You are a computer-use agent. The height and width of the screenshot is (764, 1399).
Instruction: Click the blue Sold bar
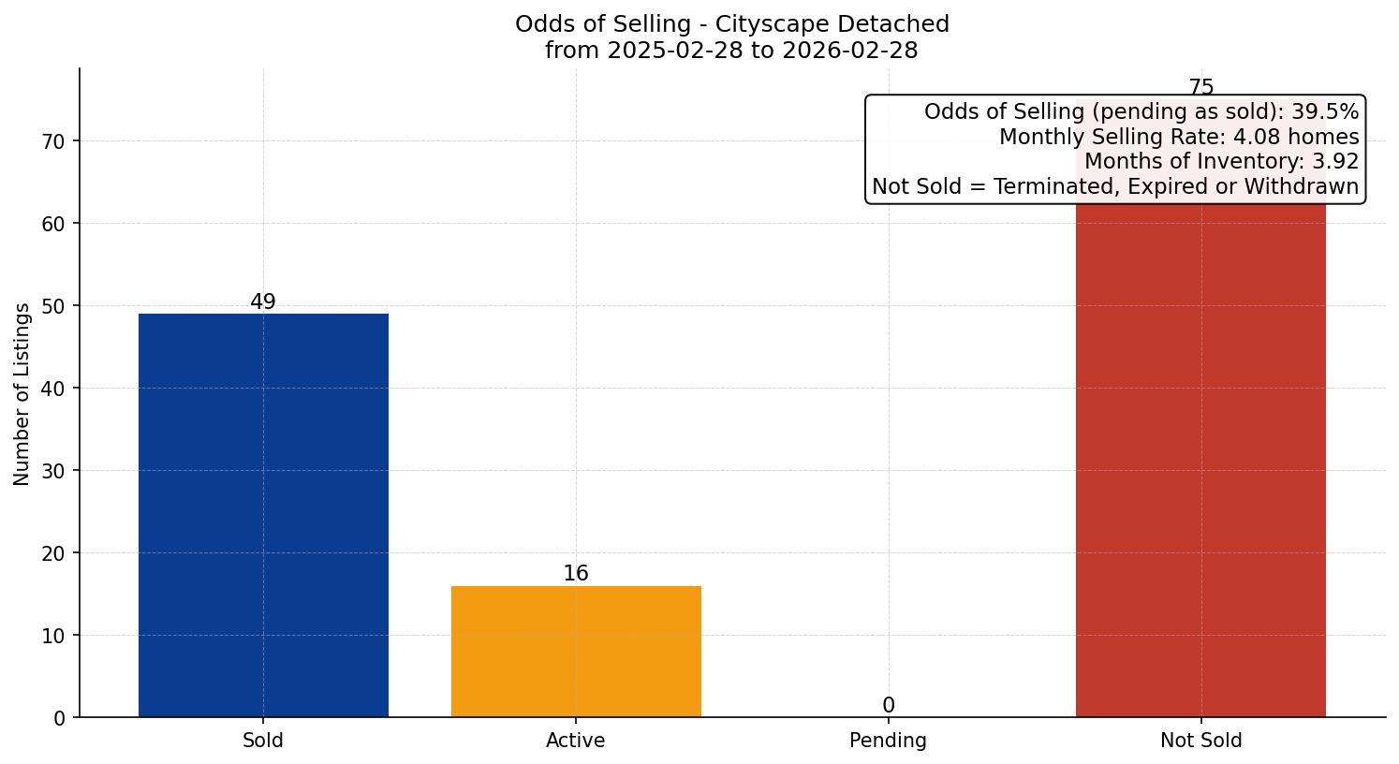(x=263, y=515)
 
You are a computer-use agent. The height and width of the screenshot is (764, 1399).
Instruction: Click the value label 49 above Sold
(x=263, y=302)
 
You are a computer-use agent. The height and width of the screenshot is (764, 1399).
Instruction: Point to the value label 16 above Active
(x=576, y=574)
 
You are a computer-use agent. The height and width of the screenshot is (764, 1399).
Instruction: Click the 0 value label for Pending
(x=888, y=706)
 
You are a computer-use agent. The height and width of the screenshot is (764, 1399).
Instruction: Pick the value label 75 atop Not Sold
(x=1200, y=88)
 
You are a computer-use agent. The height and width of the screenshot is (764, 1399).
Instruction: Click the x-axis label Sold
(x=263, y=741)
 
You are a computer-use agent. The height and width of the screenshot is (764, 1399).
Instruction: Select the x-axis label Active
(x=576, y=741)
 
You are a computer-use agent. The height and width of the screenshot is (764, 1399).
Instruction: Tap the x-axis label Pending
(x=888, y=741)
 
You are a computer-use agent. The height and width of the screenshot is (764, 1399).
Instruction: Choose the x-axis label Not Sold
(x=1200, y=741)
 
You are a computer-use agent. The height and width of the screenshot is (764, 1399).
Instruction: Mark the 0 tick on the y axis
(x=60, y=718)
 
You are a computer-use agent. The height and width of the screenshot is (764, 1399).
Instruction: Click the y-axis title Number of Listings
(x=22, y=393)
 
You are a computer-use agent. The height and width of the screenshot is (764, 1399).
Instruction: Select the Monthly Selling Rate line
(x=1178, y=138)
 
